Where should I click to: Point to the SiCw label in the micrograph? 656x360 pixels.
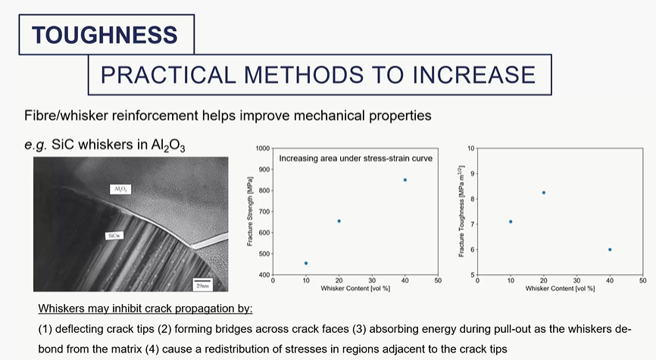115,236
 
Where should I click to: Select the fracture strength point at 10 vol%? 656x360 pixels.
306,263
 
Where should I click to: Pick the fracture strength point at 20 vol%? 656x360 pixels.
339,221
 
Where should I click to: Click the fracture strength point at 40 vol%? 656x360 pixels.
405,180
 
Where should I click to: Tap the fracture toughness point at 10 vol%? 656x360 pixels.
511,221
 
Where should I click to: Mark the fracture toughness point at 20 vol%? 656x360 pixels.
544,193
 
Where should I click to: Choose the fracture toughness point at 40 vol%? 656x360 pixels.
610,249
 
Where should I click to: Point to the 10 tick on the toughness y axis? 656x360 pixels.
470,149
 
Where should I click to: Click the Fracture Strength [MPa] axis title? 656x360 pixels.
250,212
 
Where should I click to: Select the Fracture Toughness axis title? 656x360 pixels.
461,212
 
